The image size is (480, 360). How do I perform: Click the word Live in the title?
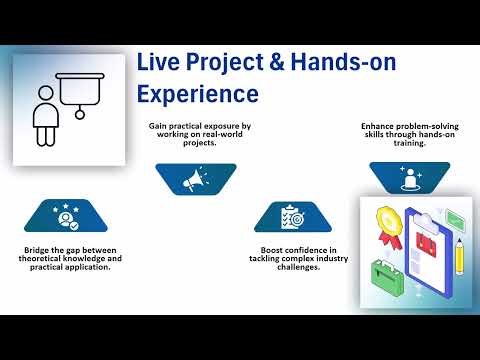coord(159,63)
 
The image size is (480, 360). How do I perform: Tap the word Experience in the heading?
coord(197,94)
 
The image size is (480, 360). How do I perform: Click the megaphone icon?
coord(195,179)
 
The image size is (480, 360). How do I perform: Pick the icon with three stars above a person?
coord(65,215)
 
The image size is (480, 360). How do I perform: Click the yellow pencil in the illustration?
coord(459,255)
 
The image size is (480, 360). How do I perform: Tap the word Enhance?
coord(377,126)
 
